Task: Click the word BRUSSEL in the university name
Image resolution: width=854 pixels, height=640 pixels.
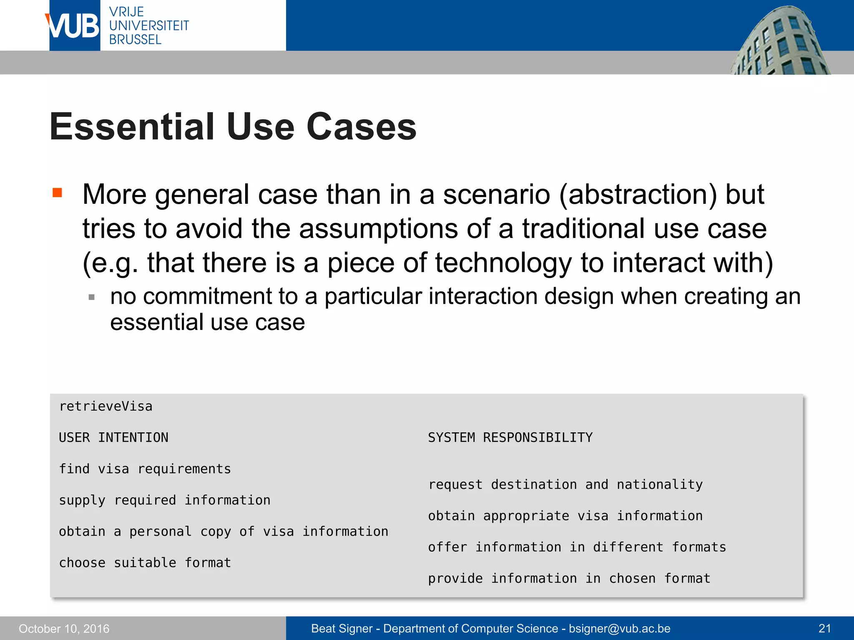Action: coord(135,40)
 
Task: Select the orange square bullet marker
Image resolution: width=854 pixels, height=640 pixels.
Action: coord(58,192)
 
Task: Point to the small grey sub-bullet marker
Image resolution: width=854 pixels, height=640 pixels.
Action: coord(92,297)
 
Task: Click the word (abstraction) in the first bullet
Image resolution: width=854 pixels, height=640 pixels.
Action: coord(638,195)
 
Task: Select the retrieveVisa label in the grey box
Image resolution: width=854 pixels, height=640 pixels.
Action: coord(106,406)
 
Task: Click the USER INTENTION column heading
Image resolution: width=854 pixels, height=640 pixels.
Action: coord(113,437)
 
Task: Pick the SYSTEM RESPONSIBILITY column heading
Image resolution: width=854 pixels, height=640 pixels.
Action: coord(510,437)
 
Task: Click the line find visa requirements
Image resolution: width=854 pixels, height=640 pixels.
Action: coord(145,469)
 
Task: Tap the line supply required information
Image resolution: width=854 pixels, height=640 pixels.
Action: coord(165,500)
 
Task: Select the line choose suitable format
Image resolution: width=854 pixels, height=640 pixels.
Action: coord(145,563)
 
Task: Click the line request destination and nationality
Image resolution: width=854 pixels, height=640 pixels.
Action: coord(565,485)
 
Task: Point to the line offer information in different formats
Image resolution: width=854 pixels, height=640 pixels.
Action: coord(577,547)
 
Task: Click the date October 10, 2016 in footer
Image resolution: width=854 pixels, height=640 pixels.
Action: coord(64,629)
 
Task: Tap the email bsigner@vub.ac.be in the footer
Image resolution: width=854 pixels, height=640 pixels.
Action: coord(620,629)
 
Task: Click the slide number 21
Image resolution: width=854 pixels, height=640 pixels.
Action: coord(824,629)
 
